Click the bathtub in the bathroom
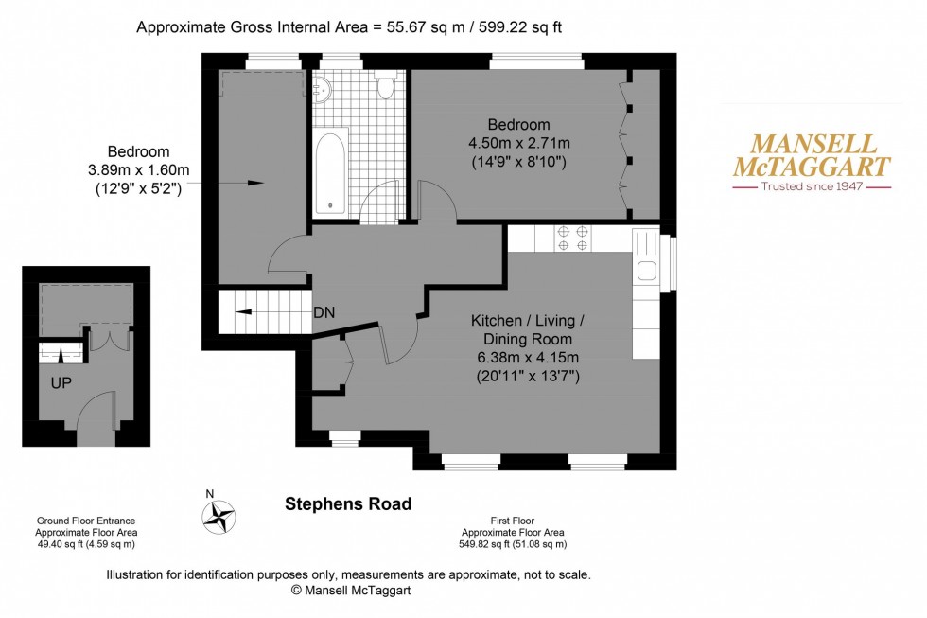coord(330,171)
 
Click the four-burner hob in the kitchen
coord(571,238)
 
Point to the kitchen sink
coord(647,270)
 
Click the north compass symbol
coord(219,515)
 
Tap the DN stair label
coord(324,312)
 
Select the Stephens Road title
coord(348,504)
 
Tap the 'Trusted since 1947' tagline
coord(813,187)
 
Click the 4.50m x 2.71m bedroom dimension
coord(518,143)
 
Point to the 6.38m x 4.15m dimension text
coord(529,357)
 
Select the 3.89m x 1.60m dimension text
coord(138,169)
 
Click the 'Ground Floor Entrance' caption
coord(86,521)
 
